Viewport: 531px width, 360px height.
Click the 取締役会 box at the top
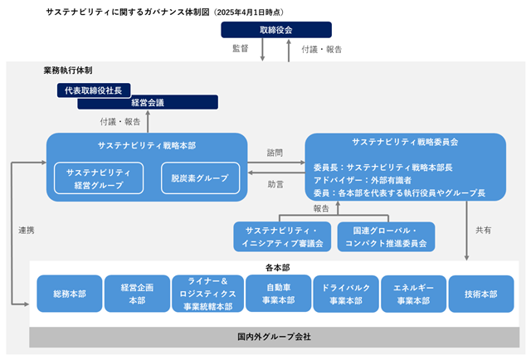(276, 30)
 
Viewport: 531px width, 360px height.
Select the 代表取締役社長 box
(94, 90)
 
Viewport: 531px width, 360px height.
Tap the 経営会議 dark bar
(148, 102)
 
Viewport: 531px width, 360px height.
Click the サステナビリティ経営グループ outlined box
(99, 178)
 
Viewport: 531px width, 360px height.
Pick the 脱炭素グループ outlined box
(200, 178)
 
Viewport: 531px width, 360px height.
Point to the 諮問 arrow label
(275, 153)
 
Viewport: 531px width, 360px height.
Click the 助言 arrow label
(275, 185)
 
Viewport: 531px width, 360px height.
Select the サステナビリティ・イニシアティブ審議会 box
(282, 236)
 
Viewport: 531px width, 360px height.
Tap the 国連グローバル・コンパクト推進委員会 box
(386, 236)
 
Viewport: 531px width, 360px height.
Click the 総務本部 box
(70, 294)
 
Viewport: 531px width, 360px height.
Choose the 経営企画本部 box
(137, 294)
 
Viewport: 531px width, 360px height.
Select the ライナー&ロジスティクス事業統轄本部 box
(207, 294)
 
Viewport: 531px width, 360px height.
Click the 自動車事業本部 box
(279, 294)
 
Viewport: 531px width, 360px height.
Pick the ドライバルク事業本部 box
(346, 294)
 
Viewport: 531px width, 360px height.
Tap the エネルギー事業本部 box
(413, 294)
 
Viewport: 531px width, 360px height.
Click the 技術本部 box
(481, 294)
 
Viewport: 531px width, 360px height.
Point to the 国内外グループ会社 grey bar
(275, 337)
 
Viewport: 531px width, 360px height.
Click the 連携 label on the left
(27, 231)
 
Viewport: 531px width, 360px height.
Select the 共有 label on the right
(483, 231)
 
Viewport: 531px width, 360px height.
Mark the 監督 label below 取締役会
(241, 48)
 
